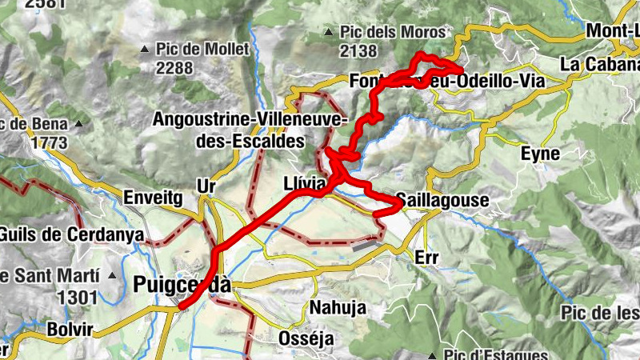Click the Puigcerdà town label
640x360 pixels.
click(182, 285)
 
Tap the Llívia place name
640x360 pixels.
click(305, 185)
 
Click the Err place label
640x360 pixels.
click(428, 258)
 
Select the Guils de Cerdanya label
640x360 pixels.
click(72, 234)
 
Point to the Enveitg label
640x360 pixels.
click(154, 197)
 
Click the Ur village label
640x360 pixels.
click(207, 186)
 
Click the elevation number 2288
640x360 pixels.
click(174, 68)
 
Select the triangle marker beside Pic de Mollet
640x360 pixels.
click(145, 50)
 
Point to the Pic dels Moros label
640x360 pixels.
click(393, 33)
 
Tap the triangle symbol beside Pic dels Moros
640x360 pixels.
click(328, 33)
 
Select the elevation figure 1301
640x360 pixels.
click(77, 298)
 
